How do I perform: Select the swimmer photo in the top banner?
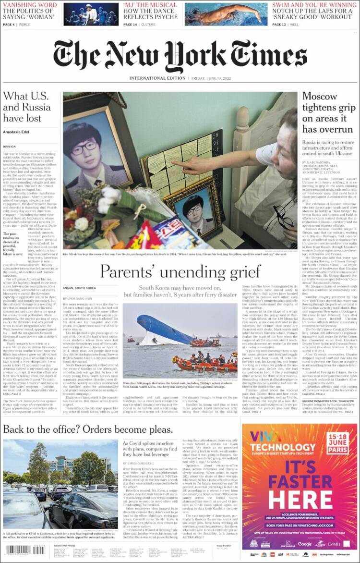click(x=226, y=14)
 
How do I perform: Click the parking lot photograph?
click(x=60, y=485)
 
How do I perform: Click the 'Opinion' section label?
click(x=10, y=146)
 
